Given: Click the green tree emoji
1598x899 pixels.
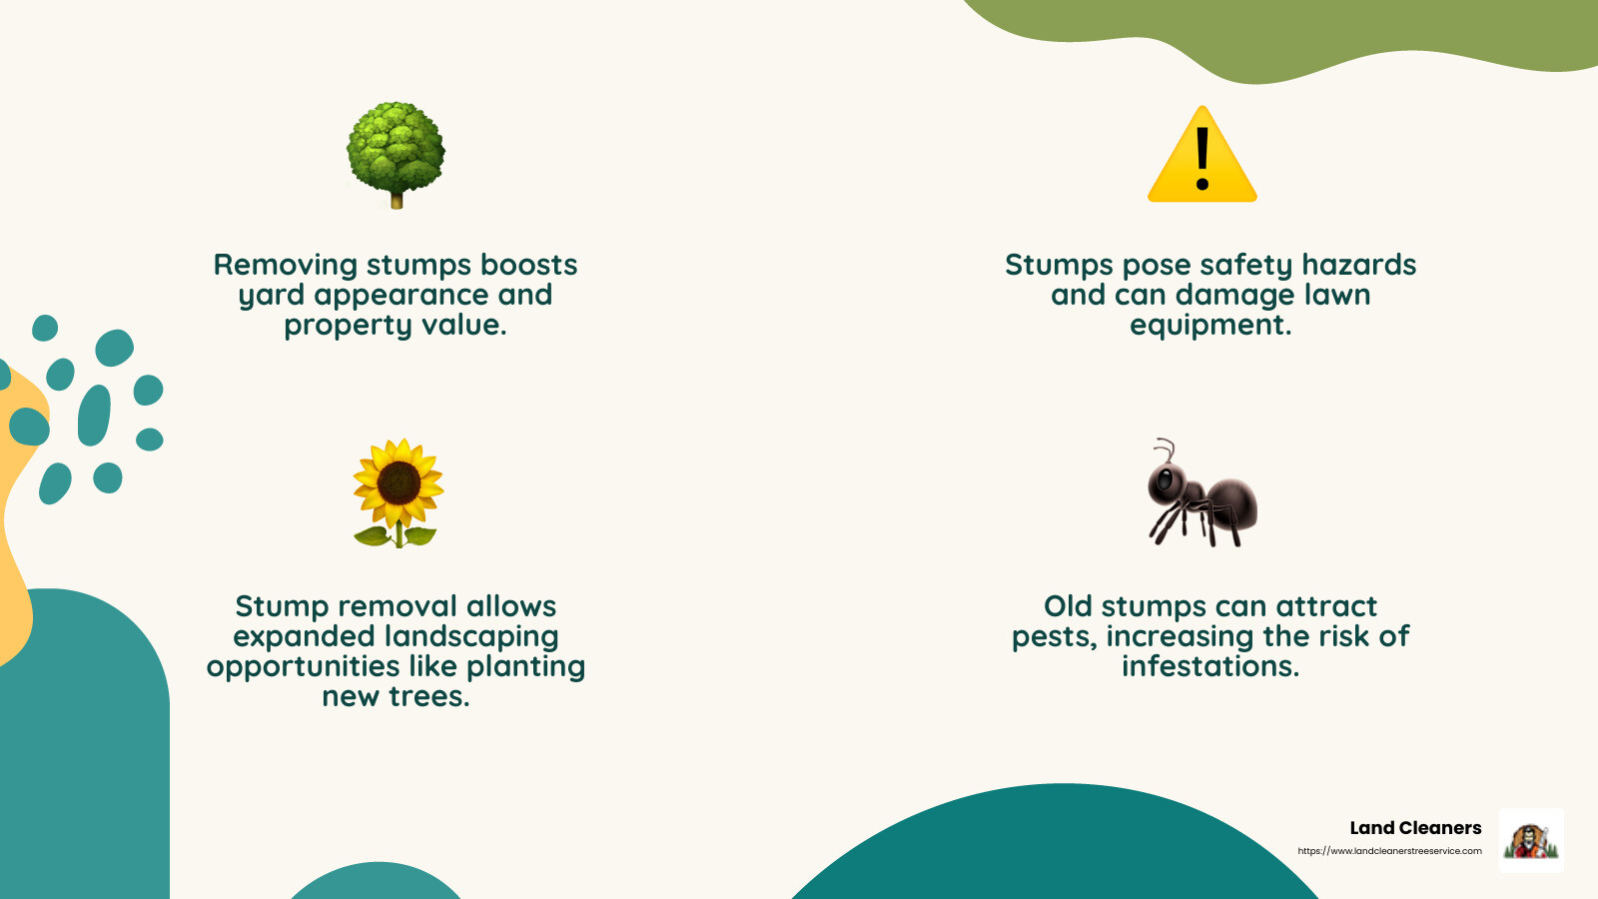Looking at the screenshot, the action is point(396,155).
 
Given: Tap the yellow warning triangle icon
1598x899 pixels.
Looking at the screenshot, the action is point(1202,155).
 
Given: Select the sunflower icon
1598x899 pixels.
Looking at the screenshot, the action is point(398,493).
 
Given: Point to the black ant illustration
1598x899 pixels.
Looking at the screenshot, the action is point(1202,493).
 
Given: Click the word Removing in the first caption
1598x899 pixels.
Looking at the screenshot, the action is point(286,266).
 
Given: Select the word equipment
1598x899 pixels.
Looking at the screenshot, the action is point(1210,326).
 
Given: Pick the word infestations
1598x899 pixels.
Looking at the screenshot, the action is point(1210,666).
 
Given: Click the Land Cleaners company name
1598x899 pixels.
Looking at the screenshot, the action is point(1415,828).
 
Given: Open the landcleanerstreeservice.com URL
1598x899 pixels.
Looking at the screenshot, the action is point(1389,850).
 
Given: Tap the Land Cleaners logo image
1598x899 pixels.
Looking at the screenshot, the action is point(1531,840).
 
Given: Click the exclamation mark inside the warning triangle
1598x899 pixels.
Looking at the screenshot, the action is point(1202,159).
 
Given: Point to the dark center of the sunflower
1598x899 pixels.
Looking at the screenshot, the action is point(399,483).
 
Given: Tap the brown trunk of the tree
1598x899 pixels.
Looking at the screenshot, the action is point(397,200).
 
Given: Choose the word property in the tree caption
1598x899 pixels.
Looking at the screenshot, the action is point(349,326).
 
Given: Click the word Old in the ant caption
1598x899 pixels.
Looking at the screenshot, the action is point(1068,606).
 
